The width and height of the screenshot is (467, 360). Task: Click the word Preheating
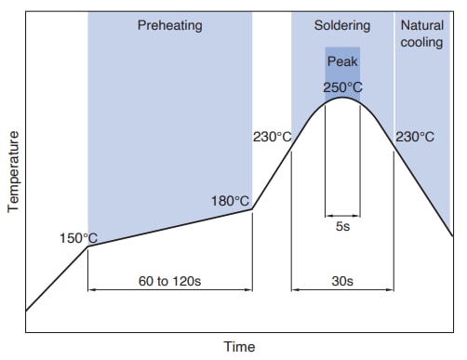[x=169, y=26]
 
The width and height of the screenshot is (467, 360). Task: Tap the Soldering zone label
[x=342, y=26]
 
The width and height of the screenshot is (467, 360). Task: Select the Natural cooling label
[x=421, y=33]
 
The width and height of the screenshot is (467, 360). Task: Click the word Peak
[x=342, y=61]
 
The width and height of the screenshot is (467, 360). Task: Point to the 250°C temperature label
[x=342, y=87]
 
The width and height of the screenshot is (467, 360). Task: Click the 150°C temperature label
[x=79, y=237]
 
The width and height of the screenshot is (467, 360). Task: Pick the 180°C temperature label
[x=230, y=201]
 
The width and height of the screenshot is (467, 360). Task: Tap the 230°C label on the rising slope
[x=273, y=137]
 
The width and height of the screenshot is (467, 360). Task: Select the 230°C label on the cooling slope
[x=415, y=137]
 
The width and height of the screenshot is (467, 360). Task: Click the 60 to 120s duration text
[x=169, y=280]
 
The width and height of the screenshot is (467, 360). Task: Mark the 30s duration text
[x=342, y=280]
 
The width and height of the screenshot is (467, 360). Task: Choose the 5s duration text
[x=342, y=224]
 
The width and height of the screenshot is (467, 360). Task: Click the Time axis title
[x=240, y=347]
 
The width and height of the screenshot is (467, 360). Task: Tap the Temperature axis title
[x=13, y=171]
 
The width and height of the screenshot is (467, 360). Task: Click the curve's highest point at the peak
[x=342, y=98]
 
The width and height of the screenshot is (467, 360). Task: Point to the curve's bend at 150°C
[x=87, y=247]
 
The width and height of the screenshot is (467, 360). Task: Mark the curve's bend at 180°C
[x=252, y=209]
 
